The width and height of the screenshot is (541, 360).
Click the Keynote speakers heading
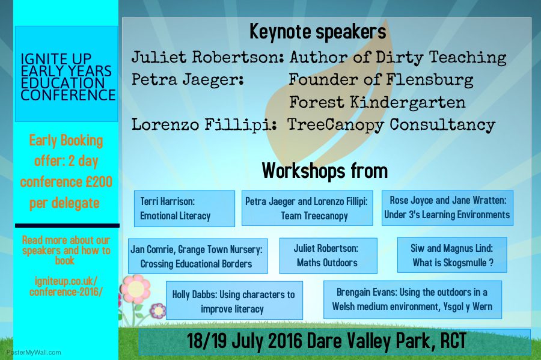coord(318,32)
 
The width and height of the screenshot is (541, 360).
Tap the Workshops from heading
coord(325,170)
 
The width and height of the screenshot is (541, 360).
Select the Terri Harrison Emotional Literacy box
coord(185,209)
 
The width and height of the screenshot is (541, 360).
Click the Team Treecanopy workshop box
coord(307,209)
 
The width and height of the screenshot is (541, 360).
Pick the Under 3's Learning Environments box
coord(447,208)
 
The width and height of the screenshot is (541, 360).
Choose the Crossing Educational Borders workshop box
coord(198,256)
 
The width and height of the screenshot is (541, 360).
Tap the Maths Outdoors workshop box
coord(328,255)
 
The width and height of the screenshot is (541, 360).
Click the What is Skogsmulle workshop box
coord(452,255)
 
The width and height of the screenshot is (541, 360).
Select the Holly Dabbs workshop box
coord(234,301)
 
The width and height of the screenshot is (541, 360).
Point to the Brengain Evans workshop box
coord(412,299)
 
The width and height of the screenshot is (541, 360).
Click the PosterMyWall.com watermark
coord(34,352)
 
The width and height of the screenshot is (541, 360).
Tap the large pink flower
coord(136,289)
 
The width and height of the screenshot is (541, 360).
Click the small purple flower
coord(158,311)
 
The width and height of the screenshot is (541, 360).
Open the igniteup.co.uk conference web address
coord(66,287)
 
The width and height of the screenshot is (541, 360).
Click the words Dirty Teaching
coord(441,58)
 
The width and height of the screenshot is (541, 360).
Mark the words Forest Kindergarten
coord(377,102)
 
